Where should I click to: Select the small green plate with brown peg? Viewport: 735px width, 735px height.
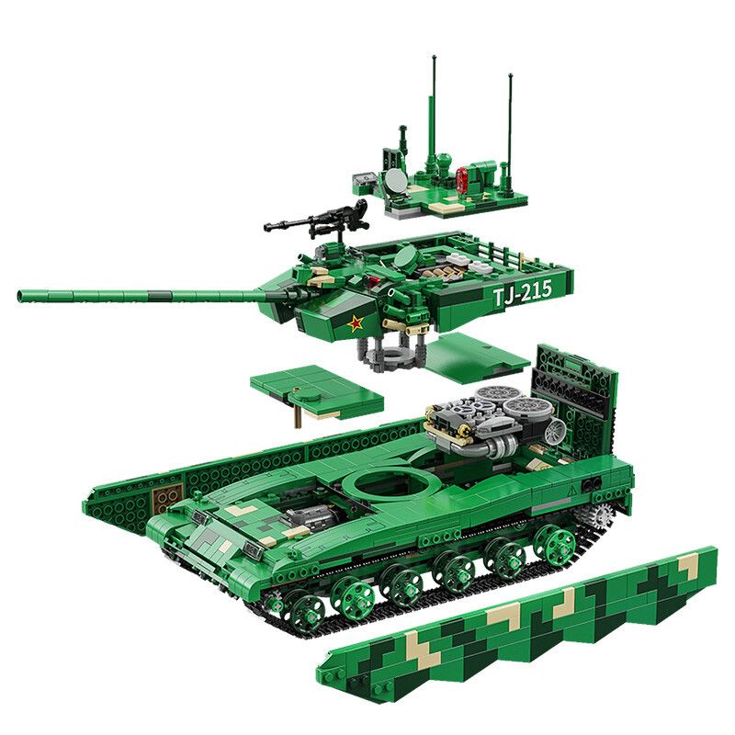pyautogui.click(x=312, y=393)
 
